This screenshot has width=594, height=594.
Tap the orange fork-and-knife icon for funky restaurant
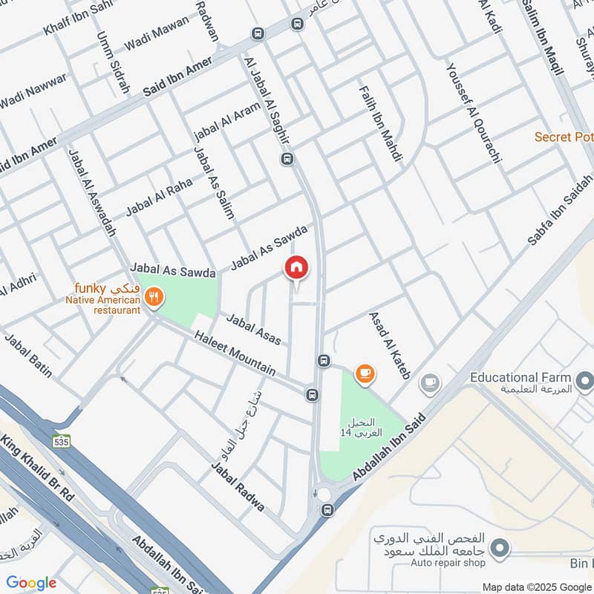tap(154, 297)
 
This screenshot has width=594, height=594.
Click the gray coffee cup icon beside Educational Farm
tap(429, 383)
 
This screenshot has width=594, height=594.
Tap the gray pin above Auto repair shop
tap(501, 548)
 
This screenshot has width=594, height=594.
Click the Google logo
tap(31, 583)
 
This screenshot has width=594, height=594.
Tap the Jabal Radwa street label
tap(238, 487)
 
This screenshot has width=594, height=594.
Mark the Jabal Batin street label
tap(29, 356)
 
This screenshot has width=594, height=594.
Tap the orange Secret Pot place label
tap(564, 137)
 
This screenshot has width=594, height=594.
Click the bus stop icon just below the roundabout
tap(327, 510)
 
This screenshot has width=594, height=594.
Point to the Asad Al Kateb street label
tap(391, 346)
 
